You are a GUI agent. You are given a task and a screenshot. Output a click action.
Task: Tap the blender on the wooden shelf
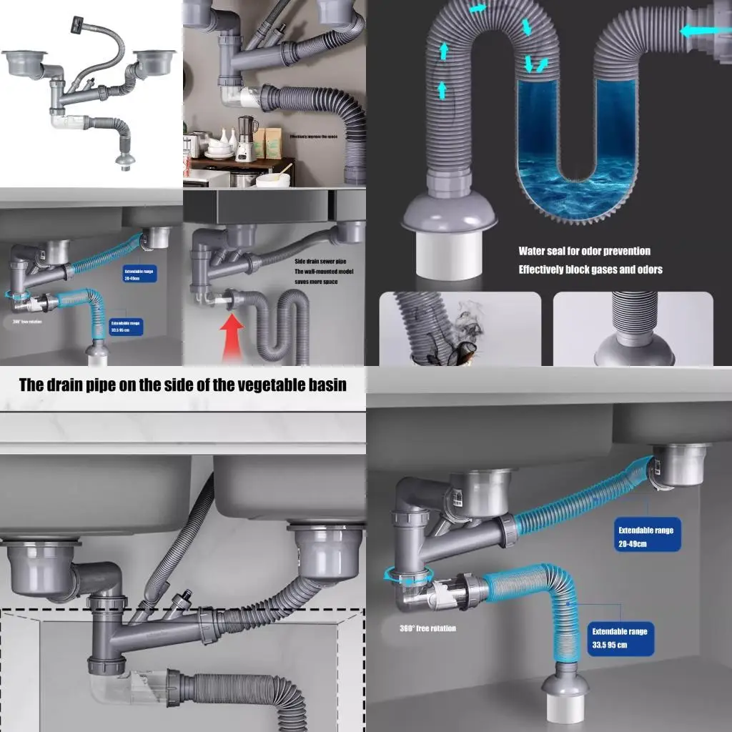[247, 138]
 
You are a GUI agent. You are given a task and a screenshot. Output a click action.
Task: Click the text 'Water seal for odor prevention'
[584, 251]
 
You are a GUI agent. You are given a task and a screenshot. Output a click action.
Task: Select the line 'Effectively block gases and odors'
[590, 269]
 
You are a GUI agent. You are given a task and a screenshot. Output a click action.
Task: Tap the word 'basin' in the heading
[327, 385]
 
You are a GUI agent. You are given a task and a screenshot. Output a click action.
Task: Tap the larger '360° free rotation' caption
[427, 629]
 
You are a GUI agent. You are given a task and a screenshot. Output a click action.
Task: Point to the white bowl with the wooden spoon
[273, 179]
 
